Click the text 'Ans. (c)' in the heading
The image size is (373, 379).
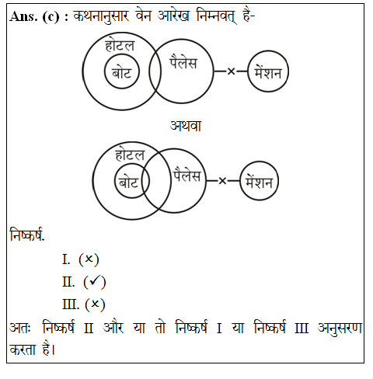pyautogui.click(x=34, y=17)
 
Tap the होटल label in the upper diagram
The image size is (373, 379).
pyautogui.click(x=120, y=46)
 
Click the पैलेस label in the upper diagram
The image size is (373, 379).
pyautogui.click(x=183, y=62)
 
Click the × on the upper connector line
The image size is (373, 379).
pyautogui.click(x=231, y=71)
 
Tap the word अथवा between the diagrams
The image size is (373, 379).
pyautogui.click(x=186, y=126)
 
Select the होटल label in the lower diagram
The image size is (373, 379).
pyautogui.click(x=130, y=155)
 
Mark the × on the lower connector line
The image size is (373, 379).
pyautogui.click(x=222, y=181)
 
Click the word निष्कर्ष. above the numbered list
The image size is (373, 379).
pyautogui.click(x=27, y=235)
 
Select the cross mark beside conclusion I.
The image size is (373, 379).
pyautogui.click(x=89, y=259)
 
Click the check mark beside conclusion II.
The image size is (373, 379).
pyautogui.click(x=95, y=281)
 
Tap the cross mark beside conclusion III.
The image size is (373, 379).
pyautogui.click(x=95, y=304)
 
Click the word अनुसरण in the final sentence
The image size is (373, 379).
pyautogui.click(x=340, y=328)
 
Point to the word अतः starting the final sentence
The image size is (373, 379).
pyautogui.click(x=20, y=328)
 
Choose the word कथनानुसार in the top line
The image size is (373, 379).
pyautogui.click(x=101, y=16)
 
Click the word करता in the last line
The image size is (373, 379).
pyautogui.click(x=23, y=349)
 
